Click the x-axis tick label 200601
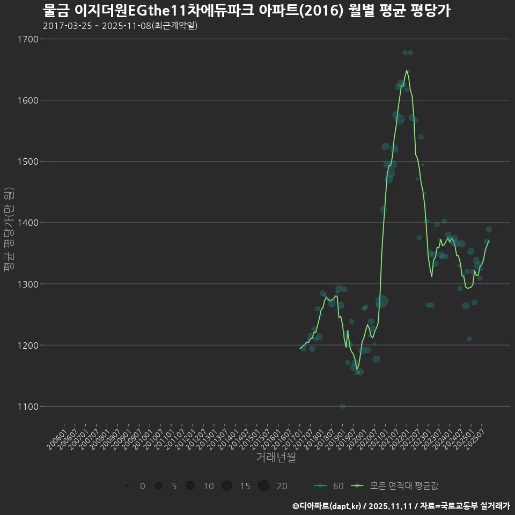(x=57, y=439)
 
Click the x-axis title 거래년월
(x=276, y=458)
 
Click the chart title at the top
(x=246, y=10)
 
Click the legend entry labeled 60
(x=329, y=486)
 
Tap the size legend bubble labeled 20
(x=263, y=486)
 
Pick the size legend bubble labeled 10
(x=190, y=486)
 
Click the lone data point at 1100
(x=342, y=406)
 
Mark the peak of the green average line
(x=407, y=70)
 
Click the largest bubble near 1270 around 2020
(x=381, y=302)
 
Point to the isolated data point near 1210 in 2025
(x=469, y=339)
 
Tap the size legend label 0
(x=142, y=486)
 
